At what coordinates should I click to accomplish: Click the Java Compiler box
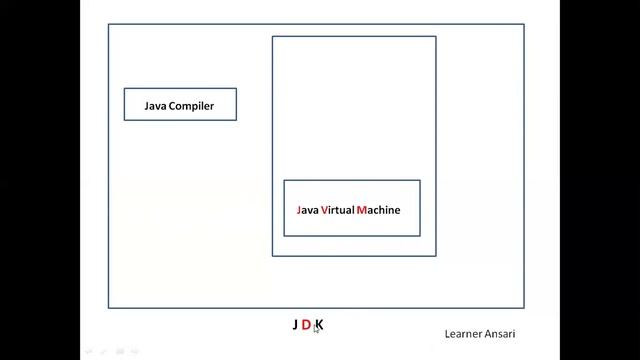click(180, 104)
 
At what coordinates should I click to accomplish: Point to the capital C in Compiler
click(172, 105)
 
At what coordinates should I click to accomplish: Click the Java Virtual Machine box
click(351, 208)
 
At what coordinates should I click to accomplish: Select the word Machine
click(378, 211)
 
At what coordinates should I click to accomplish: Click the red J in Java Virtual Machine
click(299, 211)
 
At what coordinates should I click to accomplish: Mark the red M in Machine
click(360, 211)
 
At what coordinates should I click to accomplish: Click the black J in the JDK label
click(296, 325)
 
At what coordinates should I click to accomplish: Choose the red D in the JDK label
click(306, 325)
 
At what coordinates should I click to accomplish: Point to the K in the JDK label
click(320, 324)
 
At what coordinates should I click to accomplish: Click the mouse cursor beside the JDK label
click(316, 329)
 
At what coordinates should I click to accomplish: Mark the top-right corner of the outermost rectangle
click(524, 25)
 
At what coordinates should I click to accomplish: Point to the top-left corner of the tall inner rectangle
click(273, 37)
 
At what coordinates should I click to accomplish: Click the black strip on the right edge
click(600, 180)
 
